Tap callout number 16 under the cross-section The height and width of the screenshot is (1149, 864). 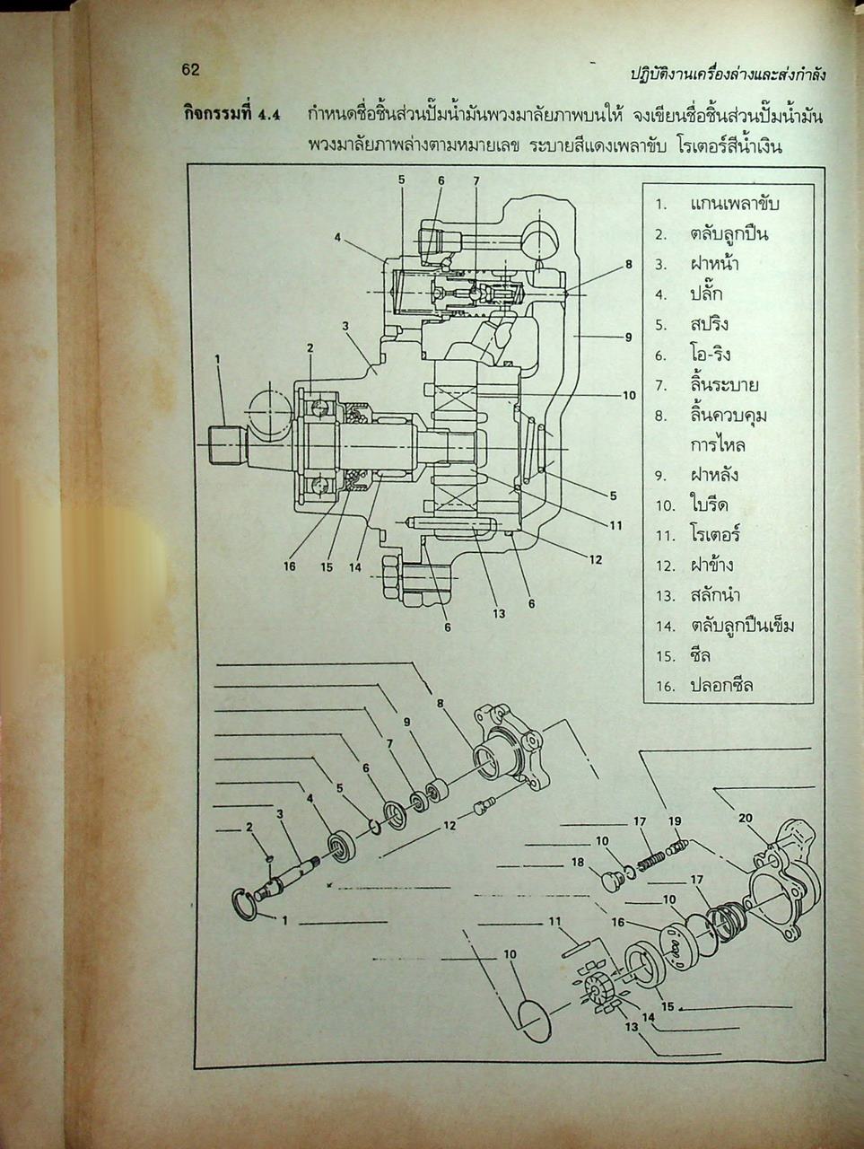pyautogui.click(x=289, y=566)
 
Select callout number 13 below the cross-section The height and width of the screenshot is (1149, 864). pyautogui.click(x=498, y=614)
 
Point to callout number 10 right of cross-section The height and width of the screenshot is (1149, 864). pyautogui.click(x=629, y=396)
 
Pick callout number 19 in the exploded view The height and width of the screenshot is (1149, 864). pyautogui.click(x=675, y=821)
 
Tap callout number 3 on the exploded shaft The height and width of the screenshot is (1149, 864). pyautogui.click(x=280, y=814)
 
